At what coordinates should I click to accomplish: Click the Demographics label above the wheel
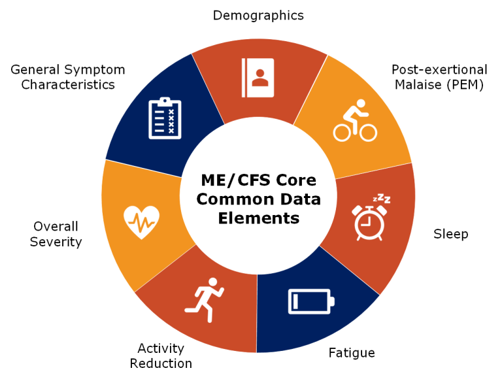258,16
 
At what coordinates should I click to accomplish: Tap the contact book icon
258,78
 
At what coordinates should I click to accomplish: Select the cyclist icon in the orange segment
355,120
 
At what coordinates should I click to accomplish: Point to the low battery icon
311,301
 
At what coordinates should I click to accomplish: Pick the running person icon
204,300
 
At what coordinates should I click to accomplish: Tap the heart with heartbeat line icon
141,222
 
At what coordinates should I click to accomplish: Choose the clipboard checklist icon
165,118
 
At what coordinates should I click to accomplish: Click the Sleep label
451,234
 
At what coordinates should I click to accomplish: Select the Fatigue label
352,353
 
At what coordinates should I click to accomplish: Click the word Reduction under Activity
161,363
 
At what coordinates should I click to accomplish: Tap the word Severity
56,242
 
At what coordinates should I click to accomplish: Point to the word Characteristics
68,85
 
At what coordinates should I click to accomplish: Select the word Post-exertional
439,69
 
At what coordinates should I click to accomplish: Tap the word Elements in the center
259,218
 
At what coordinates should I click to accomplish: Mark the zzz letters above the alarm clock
382,198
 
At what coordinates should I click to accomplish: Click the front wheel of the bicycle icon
367,132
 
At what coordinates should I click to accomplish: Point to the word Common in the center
235,199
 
